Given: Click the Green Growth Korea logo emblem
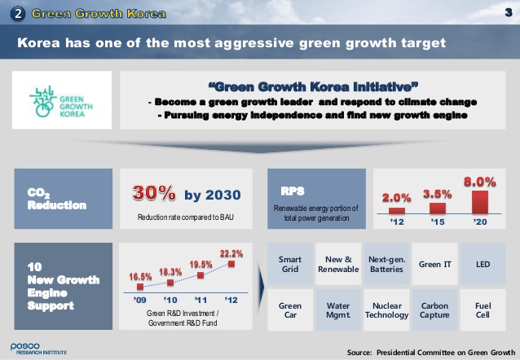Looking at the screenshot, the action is click(43, 101).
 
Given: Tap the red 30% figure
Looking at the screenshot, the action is click(154, 192).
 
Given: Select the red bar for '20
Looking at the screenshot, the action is click(480, 202).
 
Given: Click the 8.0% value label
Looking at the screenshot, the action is click(479, 182).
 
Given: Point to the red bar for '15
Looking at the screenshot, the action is click(438, 209).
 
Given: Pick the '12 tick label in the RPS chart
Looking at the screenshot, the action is click(397, 222).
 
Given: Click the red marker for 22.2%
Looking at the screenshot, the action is click(231, 264).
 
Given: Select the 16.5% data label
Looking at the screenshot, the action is click(140, 276).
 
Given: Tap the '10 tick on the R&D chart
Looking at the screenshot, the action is click(170, 300).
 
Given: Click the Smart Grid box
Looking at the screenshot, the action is click(290, 264).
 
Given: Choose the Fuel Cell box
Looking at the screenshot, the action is click(483, 310).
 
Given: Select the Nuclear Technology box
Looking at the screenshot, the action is click(386, 310).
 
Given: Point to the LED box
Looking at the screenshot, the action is click(483, 264).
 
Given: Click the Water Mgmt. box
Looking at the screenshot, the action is click(338, 310).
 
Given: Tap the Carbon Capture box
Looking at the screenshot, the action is click(434, 310).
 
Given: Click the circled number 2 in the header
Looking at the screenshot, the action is click(18, 14).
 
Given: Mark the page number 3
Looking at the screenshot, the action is click(509, 12).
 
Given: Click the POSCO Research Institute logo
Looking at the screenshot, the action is click(38, 349).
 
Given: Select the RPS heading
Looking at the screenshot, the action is click(293, 191).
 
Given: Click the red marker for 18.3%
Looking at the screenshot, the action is click(170, 283).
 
